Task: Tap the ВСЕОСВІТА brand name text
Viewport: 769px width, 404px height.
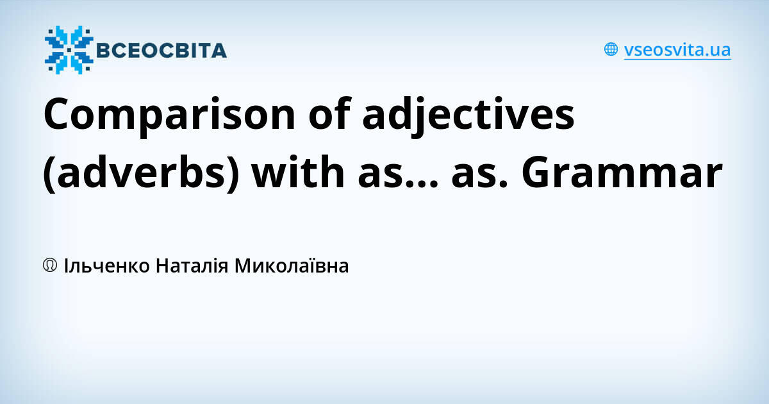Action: tap(161, 50)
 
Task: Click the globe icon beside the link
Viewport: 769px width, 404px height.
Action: tap(611, 49)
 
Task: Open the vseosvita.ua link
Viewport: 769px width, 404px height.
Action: tap(677, 50)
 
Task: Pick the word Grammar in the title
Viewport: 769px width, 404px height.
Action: tap(622, 174)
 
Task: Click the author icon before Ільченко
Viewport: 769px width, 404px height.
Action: tap(51, 265)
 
